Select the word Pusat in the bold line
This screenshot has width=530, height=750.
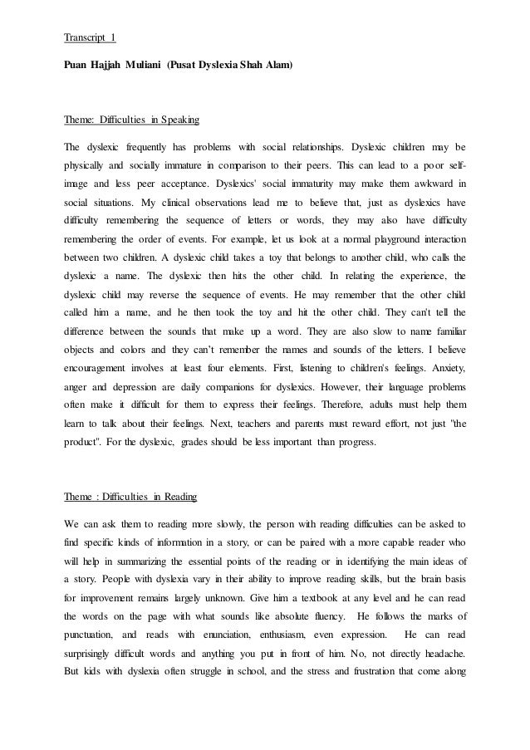[x=189, y=63]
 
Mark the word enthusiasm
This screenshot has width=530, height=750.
[x=286, y=637]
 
